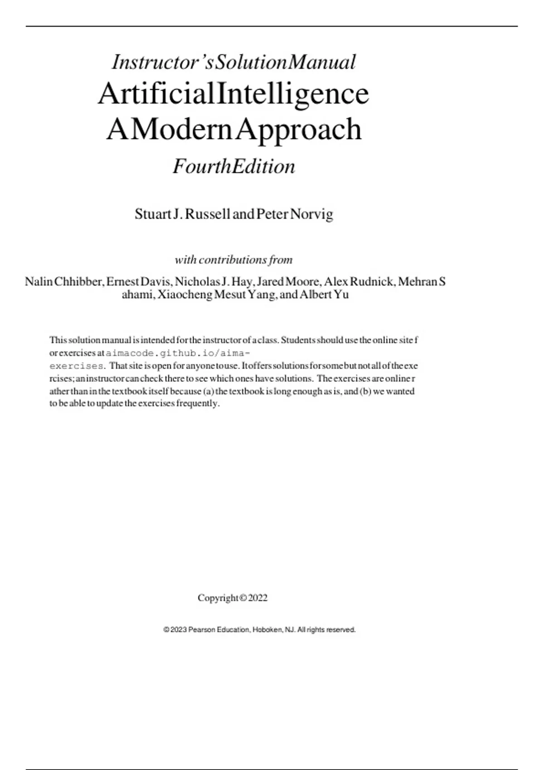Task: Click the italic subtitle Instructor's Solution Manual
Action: pos(233,63)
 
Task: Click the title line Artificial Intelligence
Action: pos(233,94)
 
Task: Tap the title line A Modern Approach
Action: pos(234,130)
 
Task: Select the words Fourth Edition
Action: pos(234,167)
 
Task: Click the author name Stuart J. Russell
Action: pos(182,214)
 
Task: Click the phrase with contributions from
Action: pos(233,260)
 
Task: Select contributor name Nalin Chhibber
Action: pos(64,282)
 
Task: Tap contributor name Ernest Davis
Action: pos(139,282)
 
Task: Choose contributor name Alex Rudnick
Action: pos(359,282)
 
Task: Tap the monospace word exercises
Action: pos(77,366)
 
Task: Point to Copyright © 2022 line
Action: pos(233,598)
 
